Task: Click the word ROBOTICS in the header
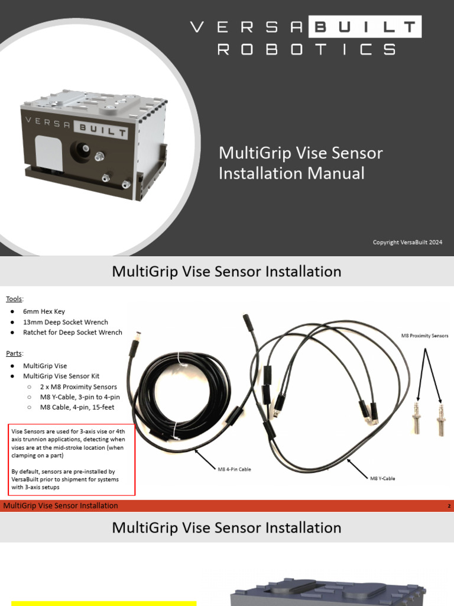click(306, 50)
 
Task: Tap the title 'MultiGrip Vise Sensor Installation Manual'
click(300, 163)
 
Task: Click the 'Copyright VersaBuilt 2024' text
click(407, 242)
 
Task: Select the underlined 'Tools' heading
click(15, 298)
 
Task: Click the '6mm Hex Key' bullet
click(44, 312)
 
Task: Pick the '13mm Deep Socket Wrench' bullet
click(65, 322)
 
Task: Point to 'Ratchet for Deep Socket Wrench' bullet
click(72, 332)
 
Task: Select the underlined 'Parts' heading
click(14, 353)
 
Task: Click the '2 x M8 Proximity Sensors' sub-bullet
click(78, 386)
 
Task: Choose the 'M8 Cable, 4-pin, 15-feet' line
click(77, 407)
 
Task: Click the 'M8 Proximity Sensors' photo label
click(424, 336)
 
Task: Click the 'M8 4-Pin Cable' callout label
click(234, 469)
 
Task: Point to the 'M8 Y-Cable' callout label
click(383, 478)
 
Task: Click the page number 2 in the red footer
click(449, 506)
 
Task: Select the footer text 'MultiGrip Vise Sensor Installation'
click(60, 505)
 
